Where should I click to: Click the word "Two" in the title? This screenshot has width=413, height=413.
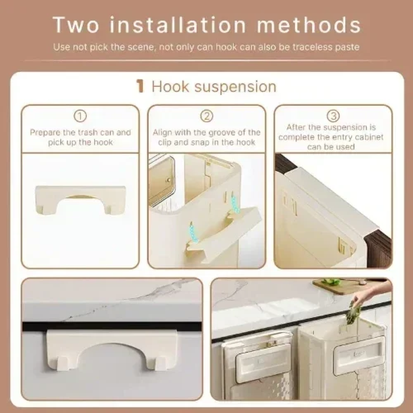[x=76, y=25]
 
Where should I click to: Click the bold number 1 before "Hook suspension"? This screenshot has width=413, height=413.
[x=140, y=87]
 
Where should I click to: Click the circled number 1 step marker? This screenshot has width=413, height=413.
[x=80, y=116]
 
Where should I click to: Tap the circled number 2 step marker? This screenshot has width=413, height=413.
[x=206, y=116]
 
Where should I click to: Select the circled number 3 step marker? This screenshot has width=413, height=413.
[x=333, y=116]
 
